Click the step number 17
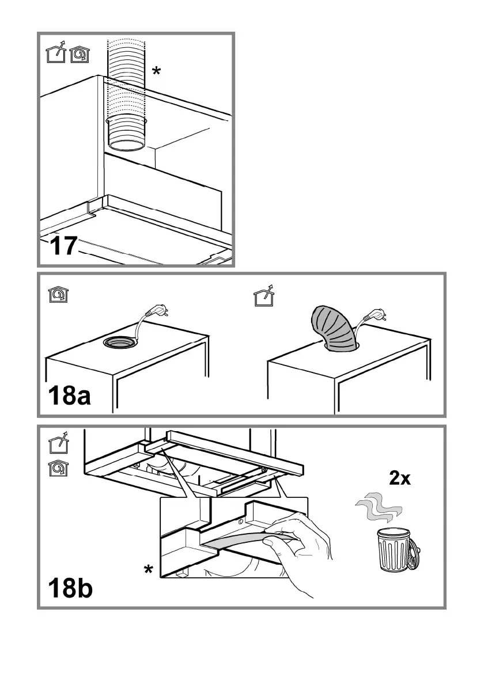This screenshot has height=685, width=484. coord(63,246)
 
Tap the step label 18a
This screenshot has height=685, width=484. coord(69,396)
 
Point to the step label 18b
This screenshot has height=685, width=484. coord(70,589)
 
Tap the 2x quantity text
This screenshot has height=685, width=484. coord(399,478)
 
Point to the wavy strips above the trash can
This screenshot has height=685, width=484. coord(377,508)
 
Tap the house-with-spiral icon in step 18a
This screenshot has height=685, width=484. coord(58,294)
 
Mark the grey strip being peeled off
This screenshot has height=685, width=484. coord(242,541)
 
